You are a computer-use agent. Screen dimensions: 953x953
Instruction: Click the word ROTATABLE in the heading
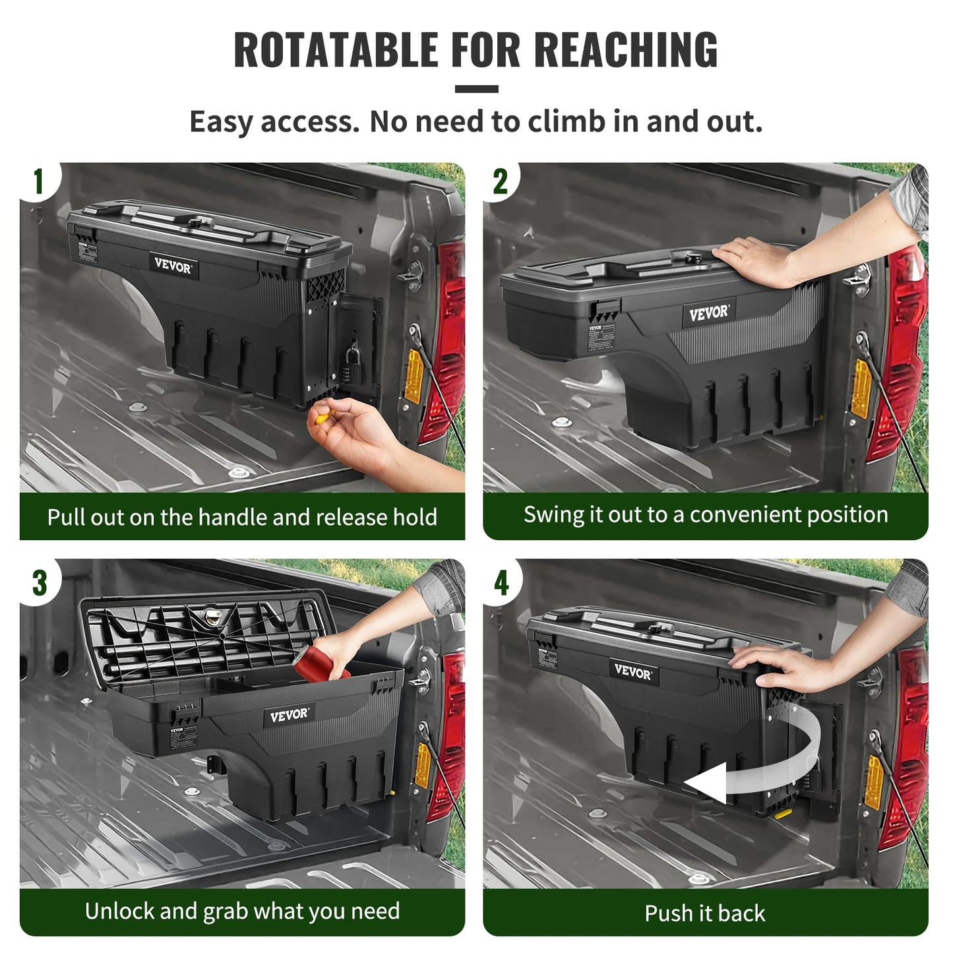tap(336, 50)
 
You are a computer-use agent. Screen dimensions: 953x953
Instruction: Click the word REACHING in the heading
tap(625, 50)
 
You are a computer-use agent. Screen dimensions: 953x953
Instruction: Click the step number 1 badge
tap(38, 182)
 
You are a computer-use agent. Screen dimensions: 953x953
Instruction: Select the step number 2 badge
tap(501, 182)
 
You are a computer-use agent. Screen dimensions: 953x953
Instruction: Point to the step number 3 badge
tap(40, 583)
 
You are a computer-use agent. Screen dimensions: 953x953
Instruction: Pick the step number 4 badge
tap(502, 583)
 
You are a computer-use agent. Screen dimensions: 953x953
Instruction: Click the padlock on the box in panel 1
tap(352, 363)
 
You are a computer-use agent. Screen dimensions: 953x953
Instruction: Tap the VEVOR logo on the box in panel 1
tap(173, 266)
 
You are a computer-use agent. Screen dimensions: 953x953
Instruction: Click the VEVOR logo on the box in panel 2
tap(709, 313)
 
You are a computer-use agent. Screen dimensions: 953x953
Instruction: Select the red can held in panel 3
tap(319, 662)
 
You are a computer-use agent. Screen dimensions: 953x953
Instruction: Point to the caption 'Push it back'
tap(705, 913)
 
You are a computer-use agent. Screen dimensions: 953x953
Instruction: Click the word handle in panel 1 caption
tap(233, 517)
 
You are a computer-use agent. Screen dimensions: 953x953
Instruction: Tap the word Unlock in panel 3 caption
tap(119, 911)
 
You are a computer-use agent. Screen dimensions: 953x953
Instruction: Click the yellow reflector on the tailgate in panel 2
tap(861, 389)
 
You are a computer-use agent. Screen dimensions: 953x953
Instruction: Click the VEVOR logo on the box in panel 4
tap(632, 671)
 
